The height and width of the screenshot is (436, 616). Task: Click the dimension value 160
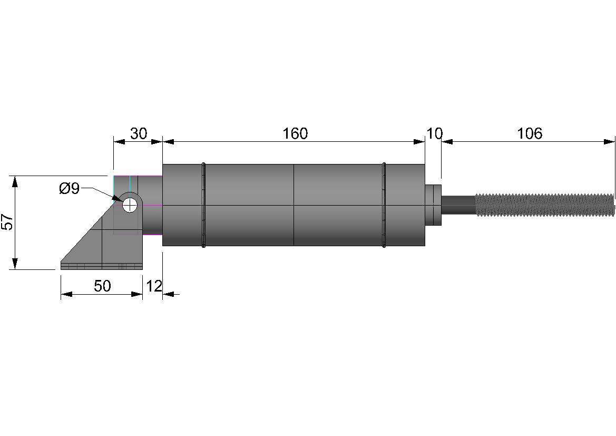[x=295, y=134]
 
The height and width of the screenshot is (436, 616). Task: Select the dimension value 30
[x=138, y=134]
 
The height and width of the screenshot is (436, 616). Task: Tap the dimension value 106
[x=529, y=134]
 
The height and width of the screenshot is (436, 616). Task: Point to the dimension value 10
[x=434, y=134]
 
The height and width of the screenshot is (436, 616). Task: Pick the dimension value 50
[x=102, y=286]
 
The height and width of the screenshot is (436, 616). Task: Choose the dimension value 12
[x=154, y=286]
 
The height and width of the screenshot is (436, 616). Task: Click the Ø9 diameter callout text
[x=69, y=189]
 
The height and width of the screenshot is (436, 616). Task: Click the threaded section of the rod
[x=545, y=205]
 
